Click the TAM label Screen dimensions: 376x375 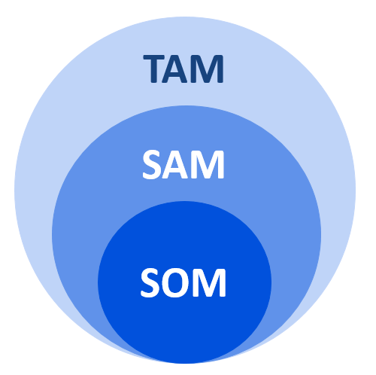pyautogui.click(x=183, y=69)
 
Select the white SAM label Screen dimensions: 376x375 pyautogui.click(x=183, y=165)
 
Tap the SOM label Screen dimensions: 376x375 pyautogui.click(x=183, y=282)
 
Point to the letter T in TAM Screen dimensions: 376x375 pyautogui.click(x=153, y=69)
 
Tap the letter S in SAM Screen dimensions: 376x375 pyautogui.click(x=152, y=165)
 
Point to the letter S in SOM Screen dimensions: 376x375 pyautogui.click(x=150, y=282)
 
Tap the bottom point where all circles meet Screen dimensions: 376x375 pyautogui.click(x=185, y=364)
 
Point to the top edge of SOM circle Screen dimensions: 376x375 pyautogui.click(x=184, y=201)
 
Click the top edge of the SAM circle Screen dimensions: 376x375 pyautogui.click(x=186, y=105)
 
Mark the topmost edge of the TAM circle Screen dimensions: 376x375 pyautogui.click(x=185, y=17)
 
